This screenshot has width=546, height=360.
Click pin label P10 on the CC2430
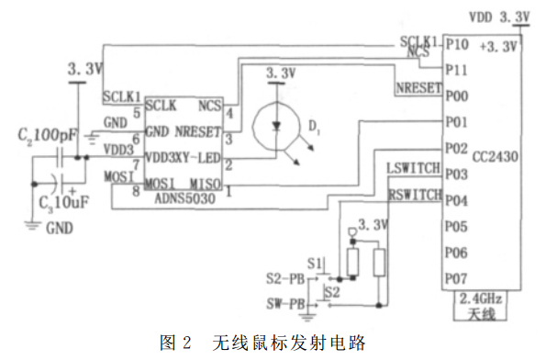(x=457, y=44)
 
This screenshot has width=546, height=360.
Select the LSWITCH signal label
(x=414, y=169)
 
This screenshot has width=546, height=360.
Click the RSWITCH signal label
(x=414, y=194)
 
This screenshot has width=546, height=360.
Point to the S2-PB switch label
(x=285, y=276)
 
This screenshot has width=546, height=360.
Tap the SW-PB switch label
(x=285, y=302)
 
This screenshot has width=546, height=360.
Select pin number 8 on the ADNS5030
(x=136, y=190)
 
